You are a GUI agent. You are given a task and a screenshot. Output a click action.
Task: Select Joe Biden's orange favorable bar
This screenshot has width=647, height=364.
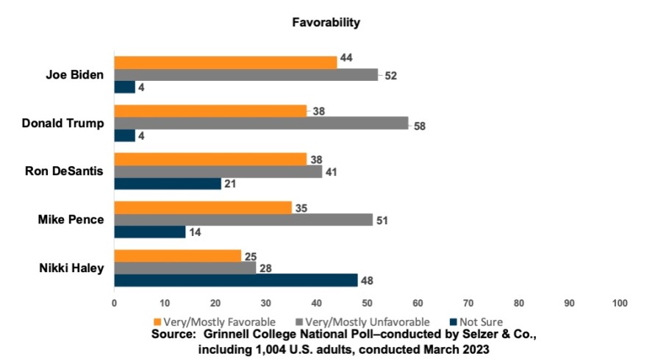(x=225, y=63)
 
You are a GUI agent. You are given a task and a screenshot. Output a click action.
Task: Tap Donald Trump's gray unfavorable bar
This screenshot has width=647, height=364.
(x=261, y=123)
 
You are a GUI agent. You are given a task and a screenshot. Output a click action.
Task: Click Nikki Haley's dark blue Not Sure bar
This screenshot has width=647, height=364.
(x=235, y=280)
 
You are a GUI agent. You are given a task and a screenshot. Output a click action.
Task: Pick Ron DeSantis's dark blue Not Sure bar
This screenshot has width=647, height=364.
(x=167, y=183)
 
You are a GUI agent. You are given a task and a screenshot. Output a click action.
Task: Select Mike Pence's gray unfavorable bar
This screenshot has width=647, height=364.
(x=243, y=219)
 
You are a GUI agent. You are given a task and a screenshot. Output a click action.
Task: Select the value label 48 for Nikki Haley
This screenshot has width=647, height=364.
(x=368, y=280)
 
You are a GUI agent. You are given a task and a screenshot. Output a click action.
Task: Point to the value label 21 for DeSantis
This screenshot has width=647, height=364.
(x=231, y=184)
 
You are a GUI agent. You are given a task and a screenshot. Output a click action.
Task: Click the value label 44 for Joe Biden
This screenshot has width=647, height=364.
(x=346, y=58)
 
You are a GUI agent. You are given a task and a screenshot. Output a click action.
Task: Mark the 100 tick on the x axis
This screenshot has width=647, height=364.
(x=619, y=303)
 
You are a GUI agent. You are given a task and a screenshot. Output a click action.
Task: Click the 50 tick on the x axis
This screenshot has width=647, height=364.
(x=367, y=303)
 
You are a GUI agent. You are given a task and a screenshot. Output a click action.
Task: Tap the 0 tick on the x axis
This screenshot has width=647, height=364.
(x=114, y=303)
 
